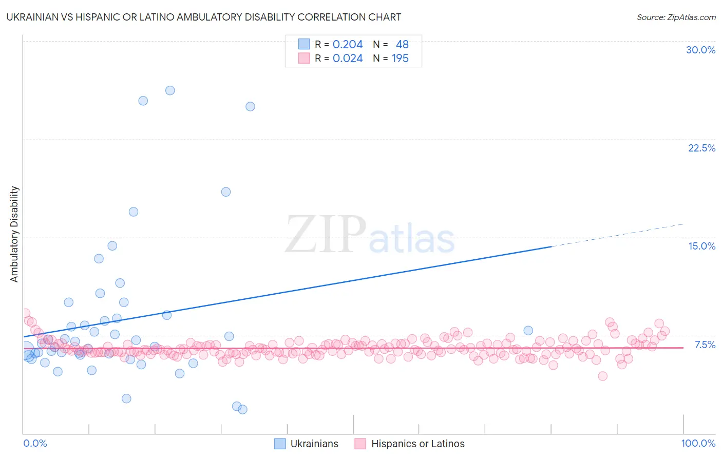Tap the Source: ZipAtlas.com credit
click(676, 17)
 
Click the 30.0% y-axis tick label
click(700, 50)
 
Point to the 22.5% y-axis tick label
click(701, 148)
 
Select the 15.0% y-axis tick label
click(701, 246)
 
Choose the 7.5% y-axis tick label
click(705, 345)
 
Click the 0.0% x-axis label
click(35, 443)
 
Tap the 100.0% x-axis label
click(698, 443)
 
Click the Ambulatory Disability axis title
click(14, 234)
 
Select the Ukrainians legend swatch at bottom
click(280, 444)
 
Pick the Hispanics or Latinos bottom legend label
click(417, 444)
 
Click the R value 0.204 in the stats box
click(348, 45)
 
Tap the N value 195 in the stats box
click(400, 59)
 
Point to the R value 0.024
click(348, 59)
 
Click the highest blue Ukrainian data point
click(170, 90)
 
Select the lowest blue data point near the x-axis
click(242, 409)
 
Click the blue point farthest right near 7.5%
click(528, 331)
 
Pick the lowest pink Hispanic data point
click(603, 376)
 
